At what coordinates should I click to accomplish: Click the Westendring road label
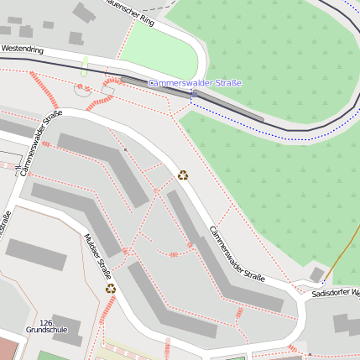pyautogui.click(x=23, y=50)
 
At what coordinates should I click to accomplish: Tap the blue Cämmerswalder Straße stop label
pyautogui.click(x=195, y=83)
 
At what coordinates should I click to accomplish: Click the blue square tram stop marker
pyautogui.click(x=195, y=95)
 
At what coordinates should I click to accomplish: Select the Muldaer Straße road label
pyautogui.click(x=97, y=256)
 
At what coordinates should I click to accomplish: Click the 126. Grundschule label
pyautogui.click(x=47, y=326)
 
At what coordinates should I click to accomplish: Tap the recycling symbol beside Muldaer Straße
pyautogui.click(x=111, y=289)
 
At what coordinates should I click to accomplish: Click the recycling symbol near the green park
pyautogui.click(x=183, y=175)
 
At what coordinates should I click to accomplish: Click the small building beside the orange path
pyautogui.click(x=316, y=274)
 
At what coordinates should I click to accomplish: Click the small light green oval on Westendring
pyautogui.click(x=84, y=67)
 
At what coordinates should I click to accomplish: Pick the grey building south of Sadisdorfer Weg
pyautogui.click(x=345, y=323)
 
